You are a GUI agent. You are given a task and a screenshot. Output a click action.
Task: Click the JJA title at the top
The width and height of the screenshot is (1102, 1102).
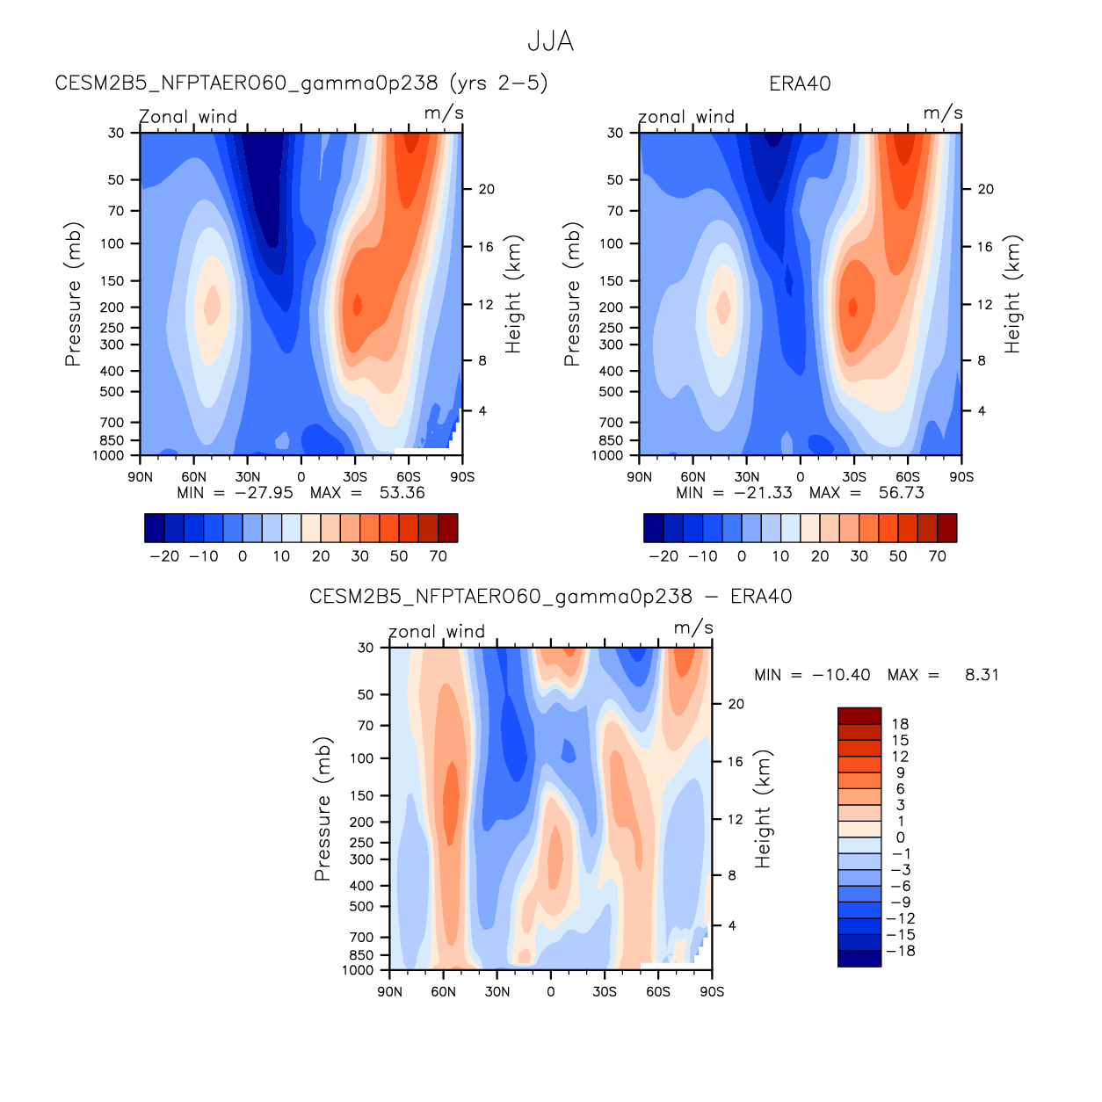pyautogui.click(x=550, y=41)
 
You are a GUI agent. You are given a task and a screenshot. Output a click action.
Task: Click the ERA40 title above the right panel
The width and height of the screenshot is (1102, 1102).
pyautogui.click(x=799, y=83)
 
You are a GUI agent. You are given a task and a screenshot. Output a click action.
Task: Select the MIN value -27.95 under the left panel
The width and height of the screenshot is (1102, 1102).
pyautogui.click(x=264, y=493)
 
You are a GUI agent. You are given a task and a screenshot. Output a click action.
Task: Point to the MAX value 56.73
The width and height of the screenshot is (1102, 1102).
pyautogui.click(x=901, y=493)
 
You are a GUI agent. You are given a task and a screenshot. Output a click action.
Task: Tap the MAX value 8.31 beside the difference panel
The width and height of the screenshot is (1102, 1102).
pyautogui.click(x=982, y=675)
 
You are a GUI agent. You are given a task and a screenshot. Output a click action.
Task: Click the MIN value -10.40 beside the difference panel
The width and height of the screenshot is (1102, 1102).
pyautogui.click(x=841, y=675)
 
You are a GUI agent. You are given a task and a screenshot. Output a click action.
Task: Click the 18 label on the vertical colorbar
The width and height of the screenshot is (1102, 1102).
pyautogui.click(x=900, y=724)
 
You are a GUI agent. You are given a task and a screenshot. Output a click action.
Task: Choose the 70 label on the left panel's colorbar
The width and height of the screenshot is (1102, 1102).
pyautogui.click(x=438, y=556)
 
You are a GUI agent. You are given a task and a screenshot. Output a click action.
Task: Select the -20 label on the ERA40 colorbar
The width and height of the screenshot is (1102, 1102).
pyautogui.click(x=663, y=556)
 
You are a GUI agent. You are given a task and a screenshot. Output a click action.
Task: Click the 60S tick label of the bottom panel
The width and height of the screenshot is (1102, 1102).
pyautogui.click(x=657, y=992)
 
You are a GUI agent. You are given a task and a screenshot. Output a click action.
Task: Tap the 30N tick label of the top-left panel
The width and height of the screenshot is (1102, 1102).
pyautogui.click(x=247, y=477)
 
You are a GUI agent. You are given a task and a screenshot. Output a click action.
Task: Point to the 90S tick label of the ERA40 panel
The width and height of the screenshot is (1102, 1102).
pyautogui.click(x=961, y=477)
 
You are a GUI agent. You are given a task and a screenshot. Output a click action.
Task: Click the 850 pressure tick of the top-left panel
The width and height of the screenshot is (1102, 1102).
pyautogui.click(x=112, y=440)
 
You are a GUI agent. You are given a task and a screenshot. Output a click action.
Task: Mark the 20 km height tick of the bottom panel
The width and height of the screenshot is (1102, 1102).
pyautogui.click(x=736, y=704)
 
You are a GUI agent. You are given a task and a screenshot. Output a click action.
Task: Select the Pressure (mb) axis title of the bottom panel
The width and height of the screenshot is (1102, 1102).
pyautogui.click(x=323, y=808)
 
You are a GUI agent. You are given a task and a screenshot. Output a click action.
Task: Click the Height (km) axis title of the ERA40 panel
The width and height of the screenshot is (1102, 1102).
pyautogui.click(x=1012, y=294)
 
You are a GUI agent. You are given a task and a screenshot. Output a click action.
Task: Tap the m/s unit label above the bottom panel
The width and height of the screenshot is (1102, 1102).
pyautogui.click(x=693, y=627)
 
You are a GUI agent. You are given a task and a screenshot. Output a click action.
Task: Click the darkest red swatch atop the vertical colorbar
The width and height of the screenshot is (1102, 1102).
pyautogui.click(x=859, y=715)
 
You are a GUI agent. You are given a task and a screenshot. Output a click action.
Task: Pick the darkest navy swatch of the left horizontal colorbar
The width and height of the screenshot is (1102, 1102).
pyautogui.click(x=154, y=528)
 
